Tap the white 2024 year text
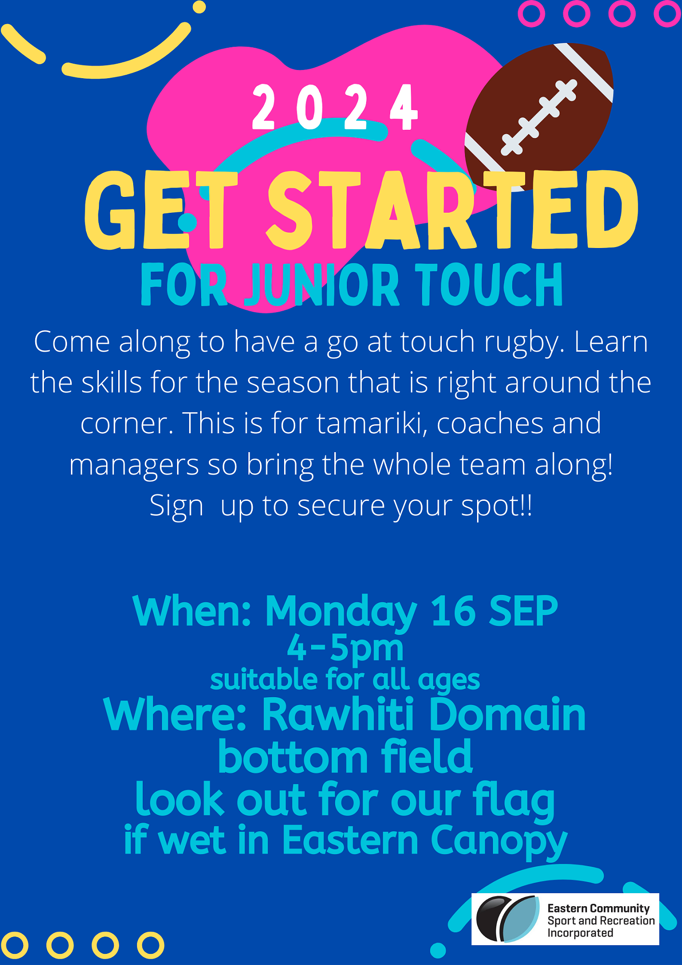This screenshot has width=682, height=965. (x=334, y=108)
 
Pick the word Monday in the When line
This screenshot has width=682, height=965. (x=341, y=611)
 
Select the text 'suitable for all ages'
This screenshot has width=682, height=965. (x=345, y=679)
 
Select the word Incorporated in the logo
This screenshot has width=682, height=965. (x=580, y=933)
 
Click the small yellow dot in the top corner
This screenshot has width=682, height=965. (x=199, y=7)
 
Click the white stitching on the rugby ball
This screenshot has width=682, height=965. (x=539, y=117)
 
